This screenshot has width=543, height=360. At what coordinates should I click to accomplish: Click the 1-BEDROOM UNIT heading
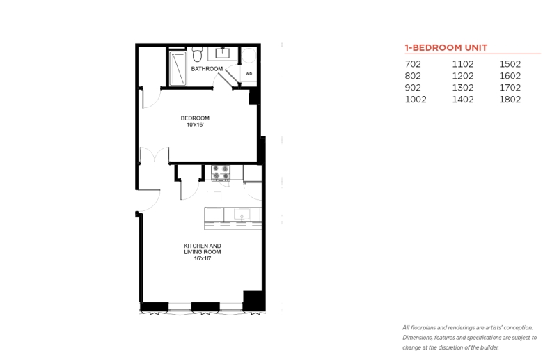pyautogui.click(x=446, y=47)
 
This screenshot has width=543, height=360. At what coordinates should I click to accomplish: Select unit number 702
pyautogui.click(x=413, y=64)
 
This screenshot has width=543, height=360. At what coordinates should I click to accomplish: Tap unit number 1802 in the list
pyautogui.click(x=510, y=100)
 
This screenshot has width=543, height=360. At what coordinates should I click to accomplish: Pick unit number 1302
pyautogui.click(x=463, y=88)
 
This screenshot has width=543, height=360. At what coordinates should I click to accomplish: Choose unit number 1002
pyautogui.click(x=416, y=100)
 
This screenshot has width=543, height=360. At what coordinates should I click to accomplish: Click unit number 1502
pyautogui.click(x=510, y=64)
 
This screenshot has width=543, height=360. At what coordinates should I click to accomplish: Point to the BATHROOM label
pyautogui.click(x=207, y=69)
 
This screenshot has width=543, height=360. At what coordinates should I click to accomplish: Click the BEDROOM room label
pyautogui.click(x=195, y=118)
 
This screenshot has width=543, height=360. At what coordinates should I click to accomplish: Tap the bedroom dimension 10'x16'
pyautogui.click(x=195, y=125)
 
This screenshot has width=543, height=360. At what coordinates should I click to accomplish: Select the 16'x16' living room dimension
pyautogui.click(x=203, y=258)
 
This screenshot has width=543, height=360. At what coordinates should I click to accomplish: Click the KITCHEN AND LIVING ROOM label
pyautogui.click(x=203, y=249)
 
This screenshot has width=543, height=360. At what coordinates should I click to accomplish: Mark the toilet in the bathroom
pyautogui.click(x=198, y=55)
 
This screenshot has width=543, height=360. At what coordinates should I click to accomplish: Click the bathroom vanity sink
pyautogui.click(x=222, y=53)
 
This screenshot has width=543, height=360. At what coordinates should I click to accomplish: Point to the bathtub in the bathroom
pyautogui.click(x=178, y=68)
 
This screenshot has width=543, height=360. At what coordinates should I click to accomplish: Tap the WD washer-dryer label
pyautogui.click(x=249, y=73)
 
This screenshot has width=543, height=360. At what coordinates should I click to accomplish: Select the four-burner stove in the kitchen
pyautogui.click(x=221, y=173)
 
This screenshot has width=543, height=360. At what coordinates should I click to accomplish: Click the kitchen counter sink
pyautogui.click(x=242, y=215)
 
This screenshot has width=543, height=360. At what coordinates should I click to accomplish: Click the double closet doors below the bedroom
pyautogui.click(x=155, y=155)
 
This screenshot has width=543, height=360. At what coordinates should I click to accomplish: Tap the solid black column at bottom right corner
pyautogui.click(x=254, y=301)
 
